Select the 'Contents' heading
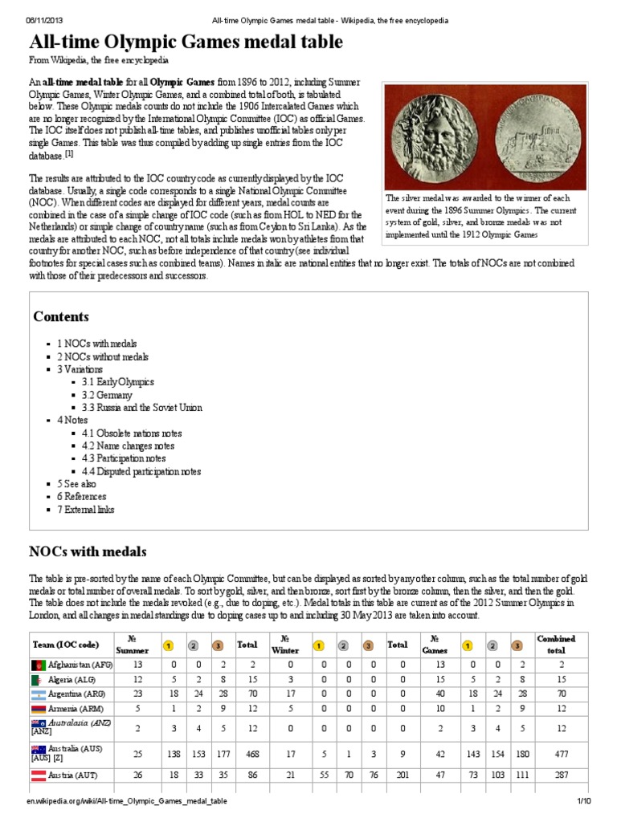click(61, 316)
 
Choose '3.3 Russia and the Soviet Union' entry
click(141, 408)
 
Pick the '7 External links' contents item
click(85, 510)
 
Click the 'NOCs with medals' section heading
click(88, 551)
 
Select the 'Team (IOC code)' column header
click(66, 645)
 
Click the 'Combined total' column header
click(556, 644)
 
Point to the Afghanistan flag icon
click(39, 665)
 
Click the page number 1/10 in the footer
click(583, 802)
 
